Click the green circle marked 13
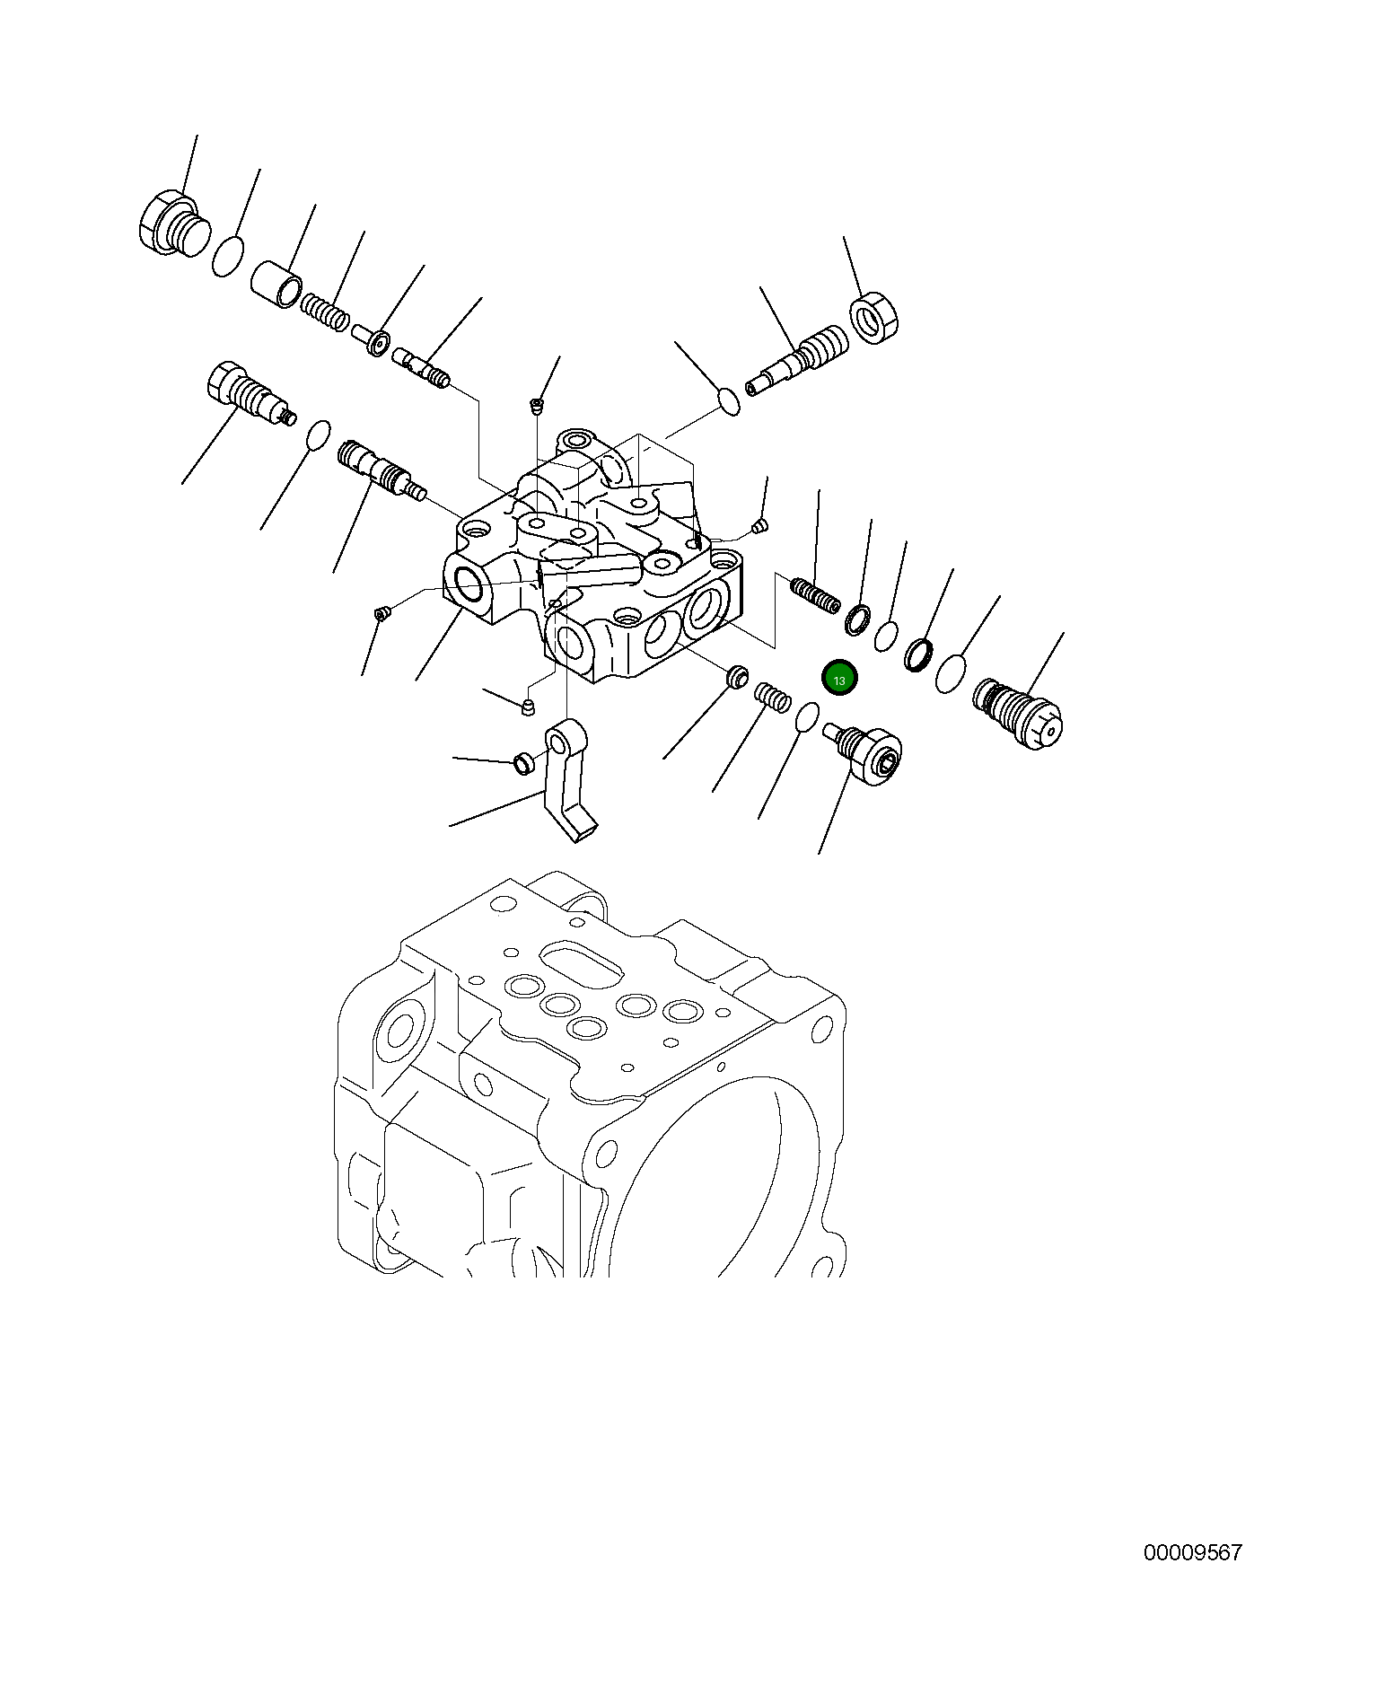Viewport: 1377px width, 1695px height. (x=840, y=680)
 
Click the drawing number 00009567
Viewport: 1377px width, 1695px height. (x=1192, y=1552)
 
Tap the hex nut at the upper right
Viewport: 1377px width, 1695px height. (x=874, y=318)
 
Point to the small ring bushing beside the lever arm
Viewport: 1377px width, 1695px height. (x=522, y=764)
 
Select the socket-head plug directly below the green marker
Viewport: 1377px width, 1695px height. (x=865, y=751)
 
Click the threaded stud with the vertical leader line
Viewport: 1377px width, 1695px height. (x=815, y=594)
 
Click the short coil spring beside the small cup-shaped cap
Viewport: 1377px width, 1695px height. (x=771, y=695)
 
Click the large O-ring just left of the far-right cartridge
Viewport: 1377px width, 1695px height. (x=951, y=673)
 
